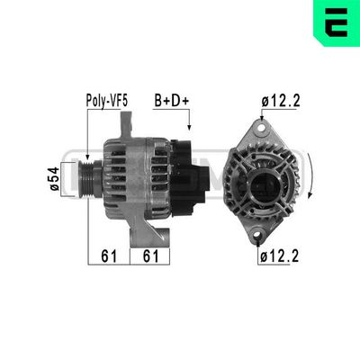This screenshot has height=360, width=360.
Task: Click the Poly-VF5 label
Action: tap(107, 101)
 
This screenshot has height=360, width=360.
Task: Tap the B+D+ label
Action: tap(172, 101)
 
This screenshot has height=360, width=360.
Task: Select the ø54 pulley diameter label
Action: tap(55, 179)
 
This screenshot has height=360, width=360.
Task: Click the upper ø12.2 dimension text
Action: tap(281, 101)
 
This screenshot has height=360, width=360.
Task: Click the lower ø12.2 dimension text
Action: tap(279, 256)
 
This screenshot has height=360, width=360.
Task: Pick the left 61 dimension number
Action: tap(109, 256)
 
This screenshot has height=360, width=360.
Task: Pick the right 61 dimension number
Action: tap(150, 256)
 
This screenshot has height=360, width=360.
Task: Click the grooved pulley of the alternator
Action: tap(85, 179)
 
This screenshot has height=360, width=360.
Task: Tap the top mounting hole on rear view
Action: tap(262, 128)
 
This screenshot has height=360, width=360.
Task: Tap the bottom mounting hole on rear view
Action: tap(257, 236)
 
